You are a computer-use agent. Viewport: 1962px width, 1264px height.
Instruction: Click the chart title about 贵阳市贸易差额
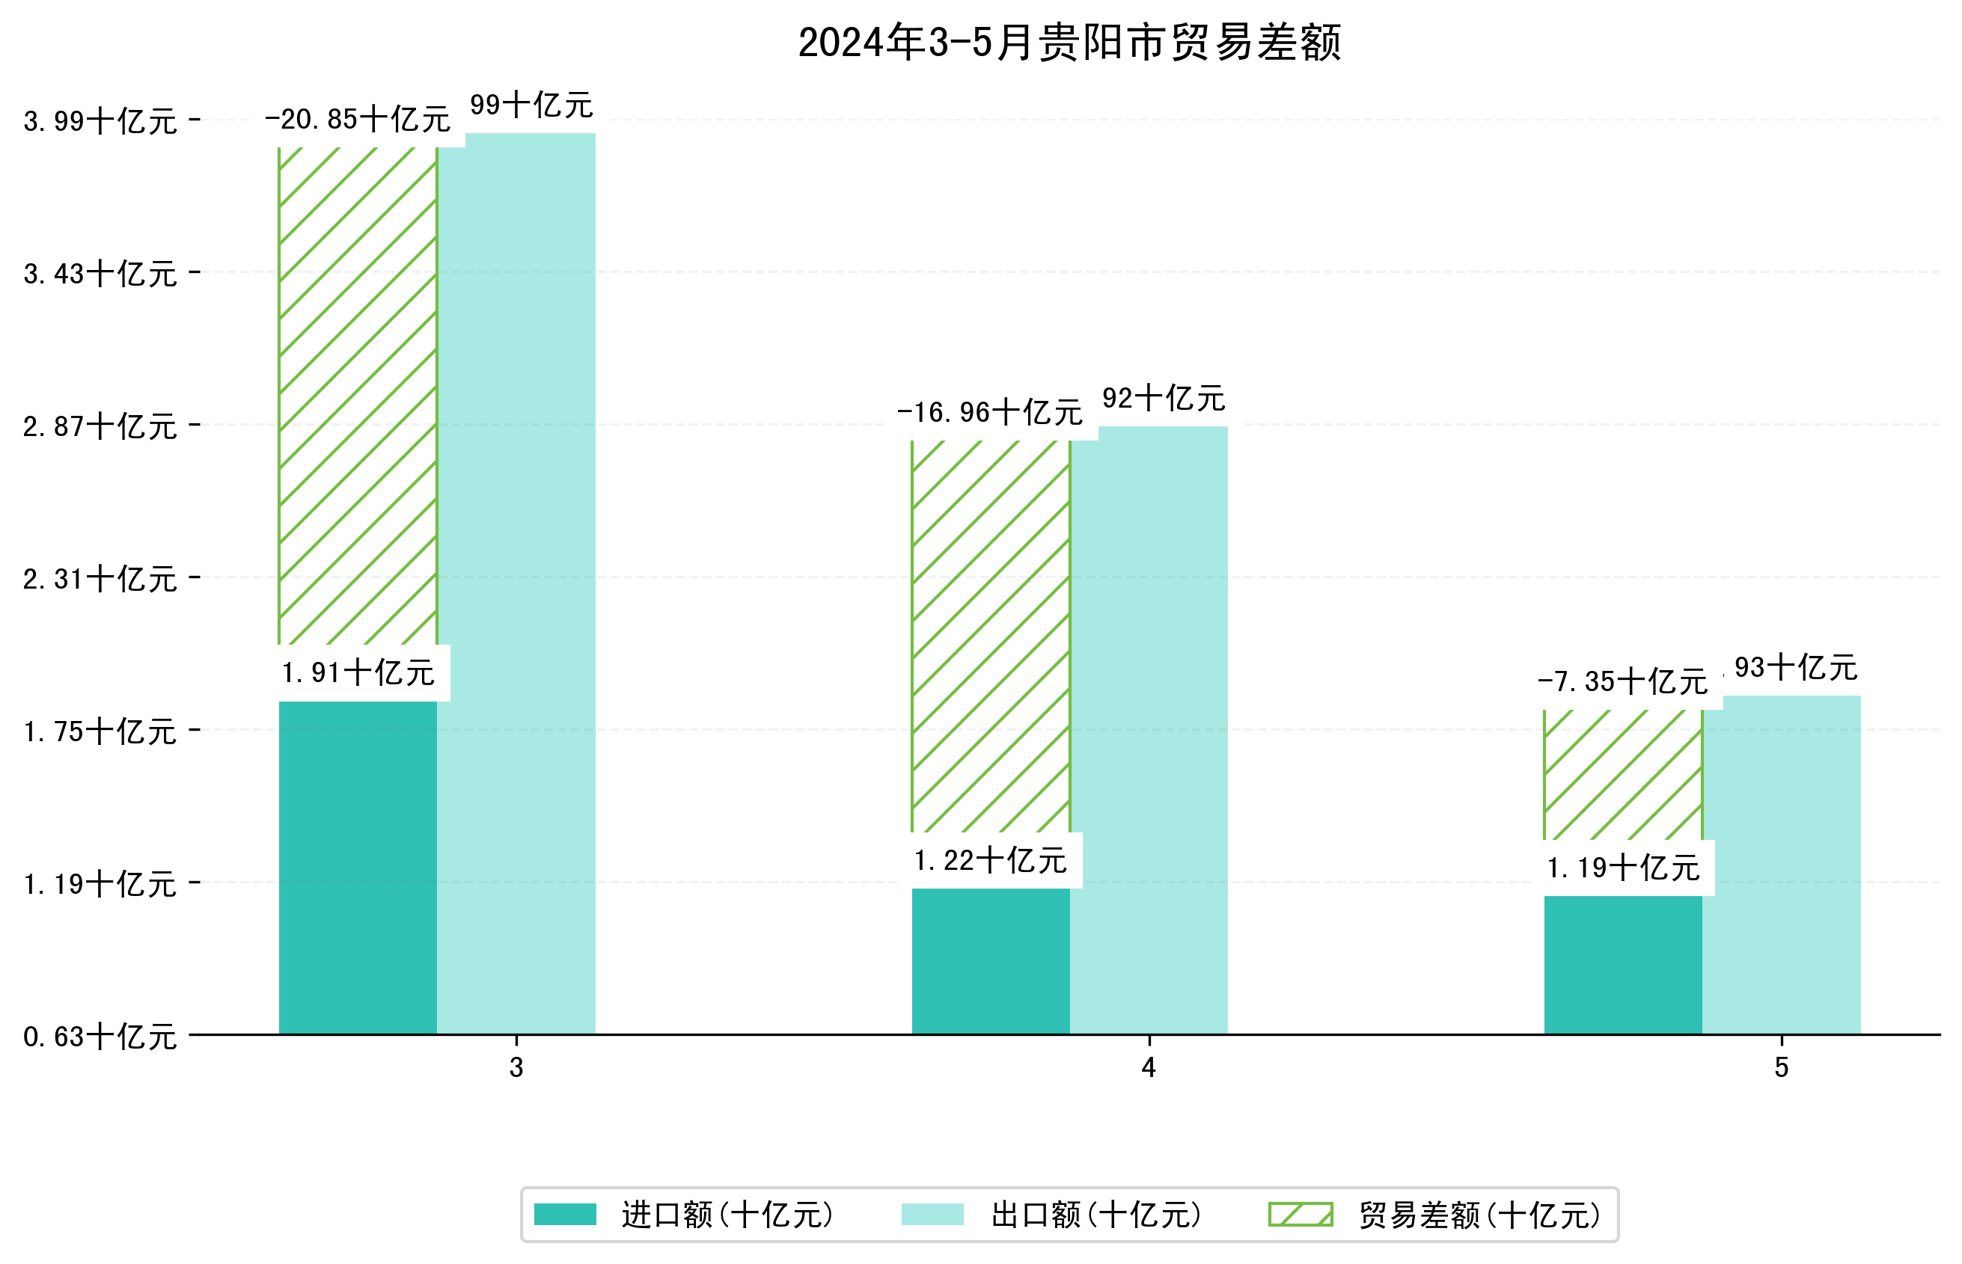click(x=1069, y=43)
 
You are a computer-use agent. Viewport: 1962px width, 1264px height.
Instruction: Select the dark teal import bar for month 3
click(x=358, y=867)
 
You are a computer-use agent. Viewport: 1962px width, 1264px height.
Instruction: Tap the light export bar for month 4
click(x=1149, y=731)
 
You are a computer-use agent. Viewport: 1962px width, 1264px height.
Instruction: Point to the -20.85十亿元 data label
click(x=358, y=120)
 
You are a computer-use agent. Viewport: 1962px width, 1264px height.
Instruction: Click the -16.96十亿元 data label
click(x=990, y=412)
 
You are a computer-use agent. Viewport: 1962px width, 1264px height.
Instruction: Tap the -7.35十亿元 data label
click(x=1622, y=681)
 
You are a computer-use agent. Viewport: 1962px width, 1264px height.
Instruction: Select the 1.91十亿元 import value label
click(x=358, y=673)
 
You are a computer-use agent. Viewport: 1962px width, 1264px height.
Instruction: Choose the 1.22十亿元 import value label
click(x=990, y=860)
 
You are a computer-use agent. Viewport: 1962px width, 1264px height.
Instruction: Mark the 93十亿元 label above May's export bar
click(x=1796, y=668)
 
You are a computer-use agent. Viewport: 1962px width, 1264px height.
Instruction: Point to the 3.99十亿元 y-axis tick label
click(x=100, y=121)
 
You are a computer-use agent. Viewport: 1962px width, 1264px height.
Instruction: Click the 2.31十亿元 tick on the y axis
click(x=100, y=580)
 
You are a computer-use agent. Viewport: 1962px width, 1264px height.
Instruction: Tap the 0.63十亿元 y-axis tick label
click(x=100, y=1037)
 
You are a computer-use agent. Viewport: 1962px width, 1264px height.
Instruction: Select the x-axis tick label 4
click(x=1149, y=1067)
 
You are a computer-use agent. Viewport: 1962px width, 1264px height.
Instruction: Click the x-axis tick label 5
click(x=1782, y=1067)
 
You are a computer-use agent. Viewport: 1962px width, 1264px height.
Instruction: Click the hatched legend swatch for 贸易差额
click(x=1301, y=1215)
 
